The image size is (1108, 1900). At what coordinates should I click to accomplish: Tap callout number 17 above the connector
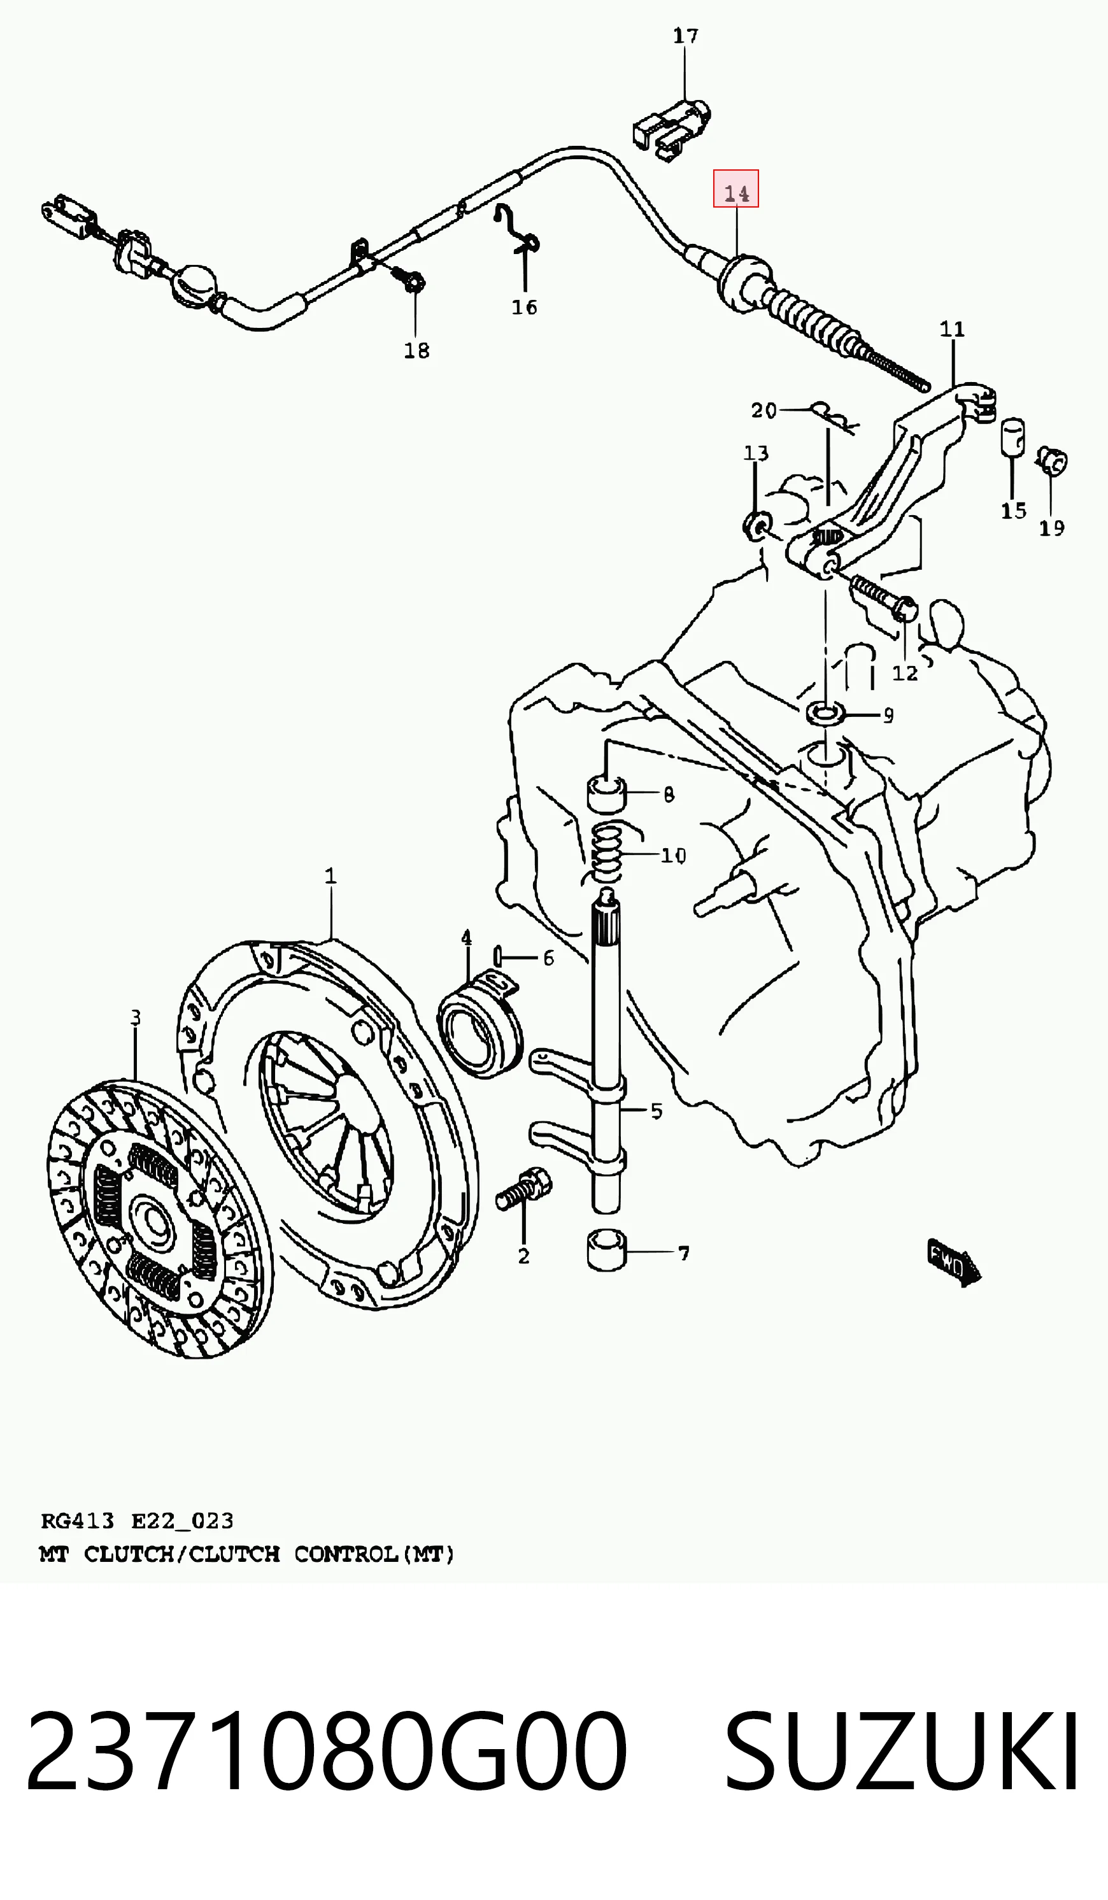pos(686,36)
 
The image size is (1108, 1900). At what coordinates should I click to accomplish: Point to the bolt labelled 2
pos(524,1189)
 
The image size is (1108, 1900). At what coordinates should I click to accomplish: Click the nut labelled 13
pos(756,525)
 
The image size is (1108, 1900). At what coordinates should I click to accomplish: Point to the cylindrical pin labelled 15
pos(1012,437)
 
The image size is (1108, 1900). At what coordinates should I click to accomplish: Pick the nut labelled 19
pos(1051,461)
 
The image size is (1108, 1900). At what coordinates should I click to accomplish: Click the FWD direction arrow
pos(954,1263)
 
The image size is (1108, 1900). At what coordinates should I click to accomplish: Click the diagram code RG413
pos(77,1521)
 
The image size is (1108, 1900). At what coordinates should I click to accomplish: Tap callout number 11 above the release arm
pos(952,329)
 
